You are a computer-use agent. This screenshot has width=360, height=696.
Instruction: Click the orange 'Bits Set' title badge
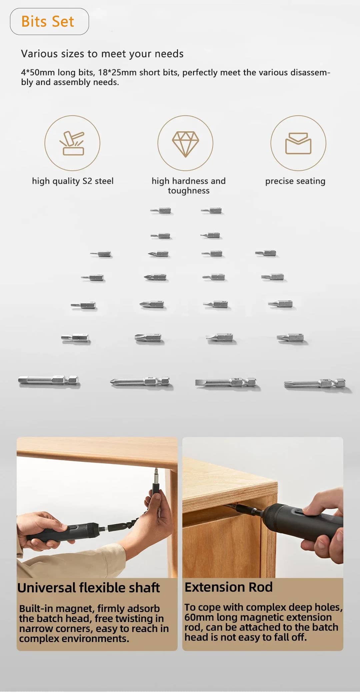(49, 22)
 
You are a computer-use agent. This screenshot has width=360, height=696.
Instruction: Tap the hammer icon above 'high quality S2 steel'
(72, 143)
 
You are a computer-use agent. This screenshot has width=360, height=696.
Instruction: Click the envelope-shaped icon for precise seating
(298, 143)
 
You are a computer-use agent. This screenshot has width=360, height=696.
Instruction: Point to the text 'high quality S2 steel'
(73, 181)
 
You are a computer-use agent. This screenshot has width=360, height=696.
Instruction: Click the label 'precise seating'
(295, 181)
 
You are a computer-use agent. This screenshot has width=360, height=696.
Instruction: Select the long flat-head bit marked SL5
(226, 382)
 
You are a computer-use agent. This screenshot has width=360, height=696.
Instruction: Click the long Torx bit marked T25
(315, 383)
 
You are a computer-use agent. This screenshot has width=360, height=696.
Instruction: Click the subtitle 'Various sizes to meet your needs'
(102, 54)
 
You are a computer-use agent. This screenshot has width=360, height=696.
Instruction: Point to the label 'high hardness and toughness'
(189, 186)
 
